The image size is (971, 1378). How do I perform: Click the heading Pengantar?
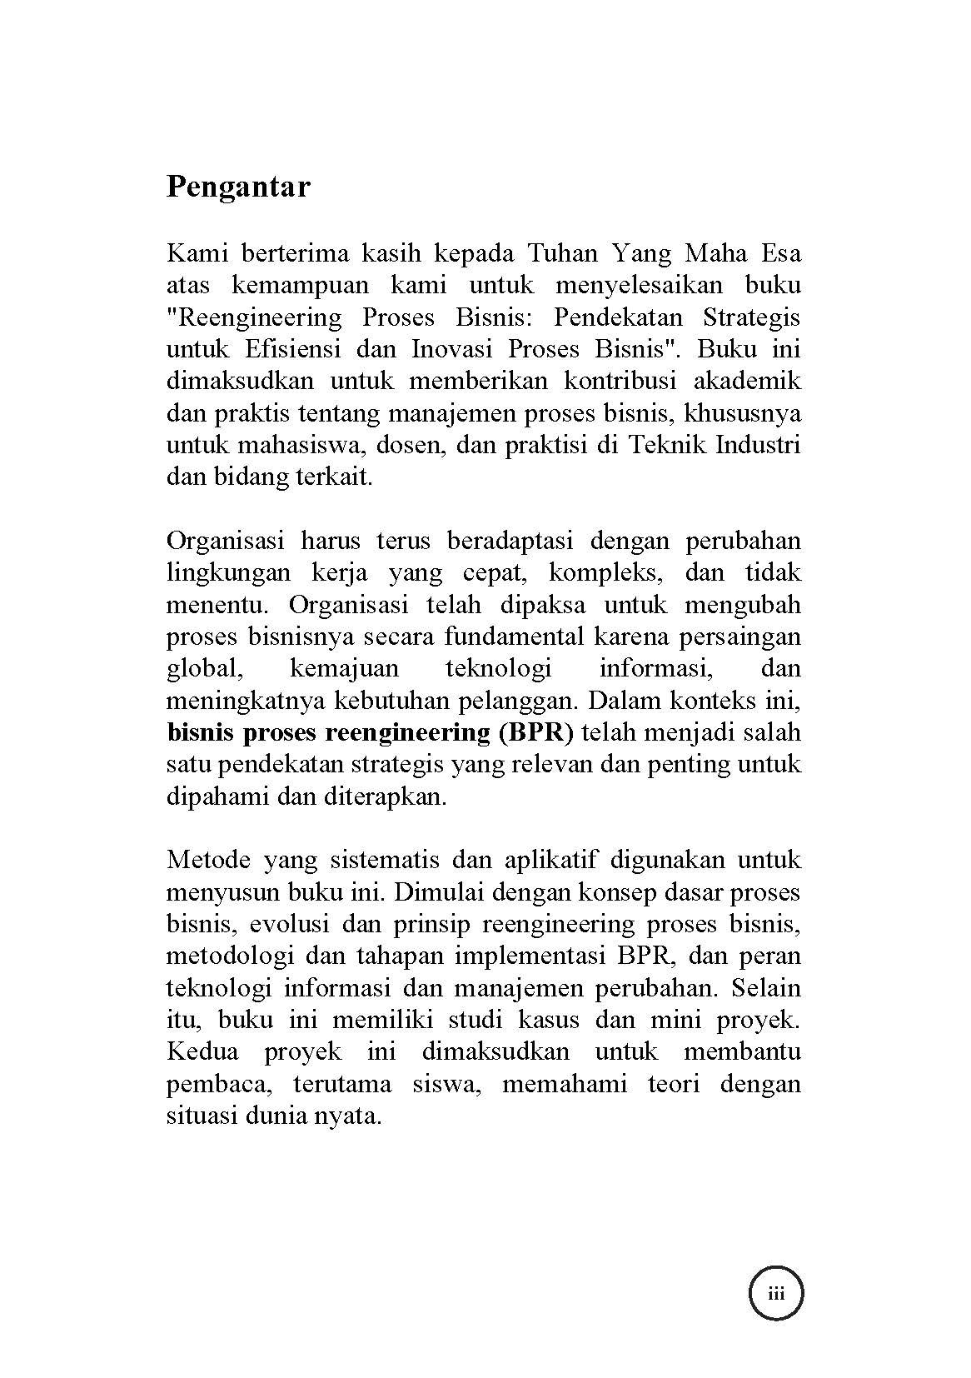tap(238, 187)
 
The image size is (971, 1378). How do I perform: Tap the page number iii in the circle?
tap(776, 1294)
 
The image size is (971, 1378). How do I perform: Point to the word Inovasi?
tap(451, 348)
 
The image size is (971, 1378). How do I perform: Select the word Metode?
tap(207, 859)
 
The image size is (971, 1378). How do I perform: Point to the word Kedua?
tap(202, 1051)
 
